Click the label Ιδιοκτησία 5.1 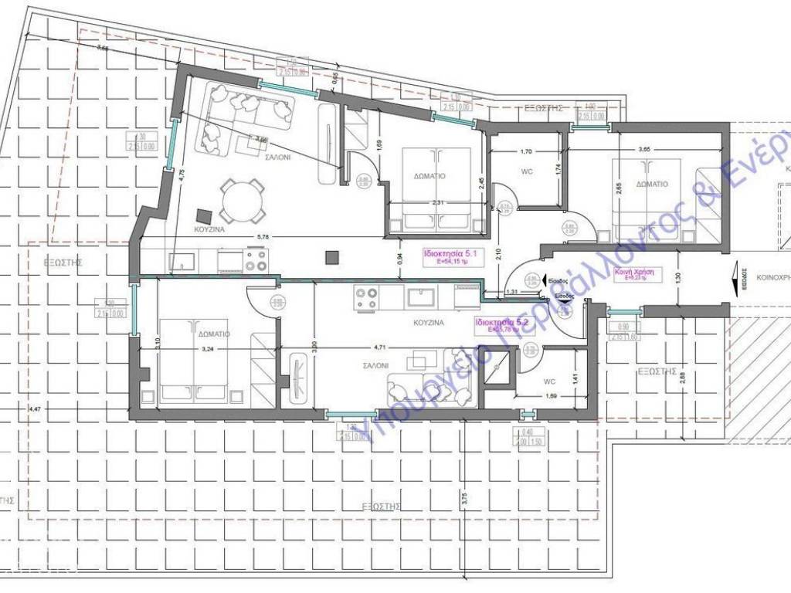coord(448,252)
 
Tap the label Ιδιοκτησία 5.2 coord(501,322)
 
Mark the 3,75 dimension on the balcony coord(465,500)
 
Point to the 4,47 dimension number coord(34,408)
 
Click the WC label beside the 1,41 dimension coord(549,381)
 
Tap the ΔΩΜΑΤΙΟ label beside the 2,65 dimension coord(652,185)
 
